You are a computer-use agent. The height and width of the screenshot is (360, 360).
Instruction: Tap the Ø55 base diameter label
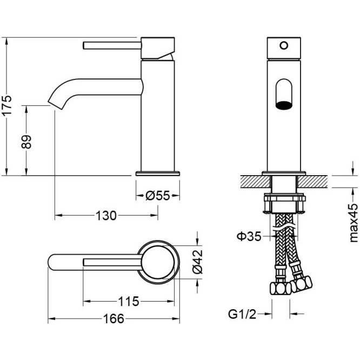tap(158, 195)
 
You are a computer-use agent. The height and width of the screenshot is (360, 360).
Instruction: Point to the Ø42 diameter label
tap(198, 259)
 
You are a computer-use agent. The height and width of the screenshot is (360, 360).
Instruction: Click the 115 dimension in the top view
tap(128, 301)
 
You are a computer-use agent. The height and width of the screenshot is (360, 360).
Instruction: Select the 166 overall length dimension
tap(114, 318)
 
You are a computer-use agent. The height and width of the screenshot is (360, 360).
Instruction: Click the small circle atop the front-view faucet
tap(283, 45)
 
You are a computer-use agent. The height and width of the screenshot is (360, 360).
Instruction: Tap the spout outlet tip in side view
tap(52, 102)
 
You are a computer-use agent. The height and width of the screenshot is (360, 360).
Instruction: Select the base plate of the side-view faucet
tap(157, 174)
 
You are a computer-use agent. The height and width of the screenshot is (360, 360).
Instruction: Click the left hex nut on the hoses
tap(278, 288)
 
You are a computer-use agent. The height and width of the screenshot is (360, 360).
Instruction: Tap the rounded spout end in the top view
tap(53, 262)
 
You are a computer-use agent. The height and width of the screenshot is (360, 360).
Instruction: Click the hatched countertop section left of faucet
tap(250, 181)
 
